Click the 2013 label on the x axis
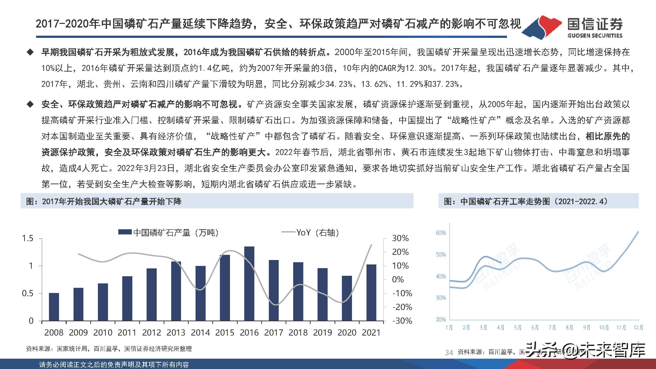(x=176, y=333)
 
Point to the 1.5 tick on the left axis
(x=28, y=238)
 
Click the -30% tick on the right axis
(x=402, y=321)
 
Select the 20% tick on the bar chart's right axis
(x=401, y=252)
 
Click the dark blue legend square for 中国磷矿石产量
(x=125, y=232)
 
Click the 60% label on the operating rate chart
(x=441, y=233)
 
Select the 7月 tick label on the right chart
(x=552, y=327)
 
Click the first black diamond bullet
(x=30, y=52)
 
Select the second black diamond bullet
(x=30, y=104)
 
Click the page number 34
(x=449, y=353)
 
